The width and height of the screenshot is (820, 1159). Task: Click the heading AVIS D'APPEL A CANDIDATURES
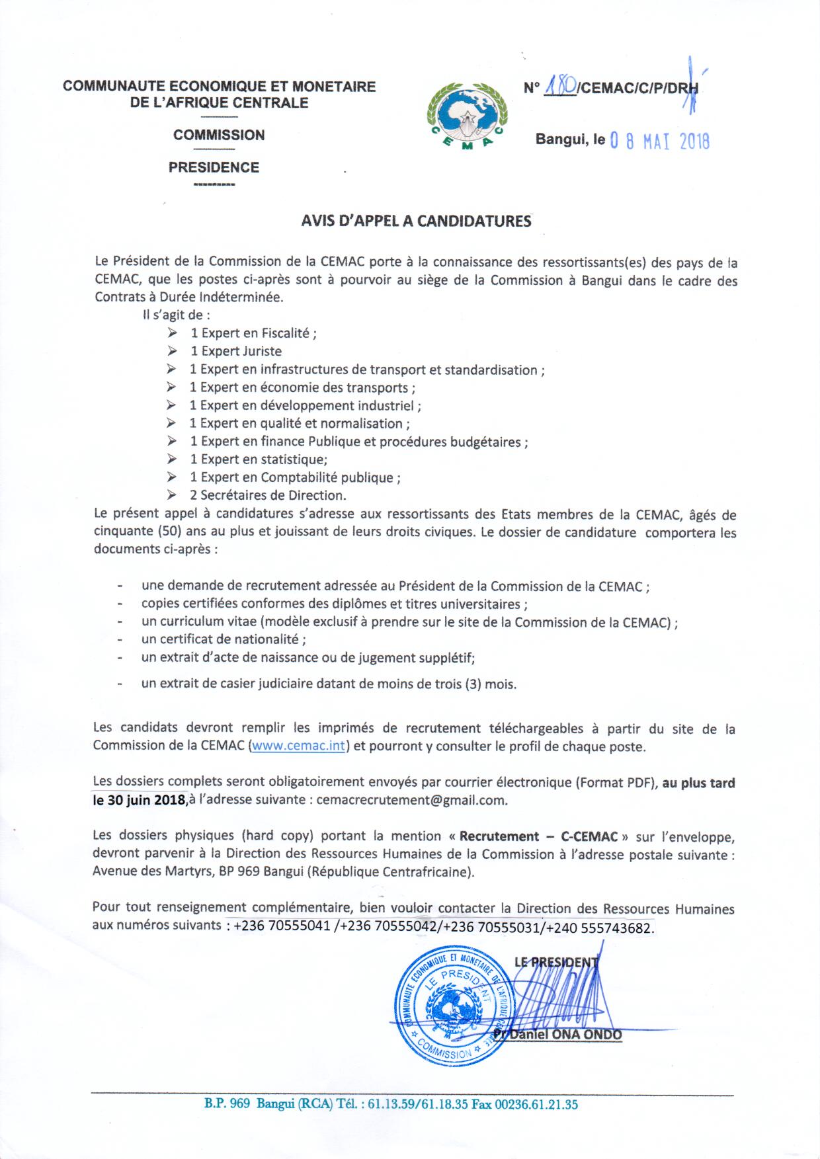416,221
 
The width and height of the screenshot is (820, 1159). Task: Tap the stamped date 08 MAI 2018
659,141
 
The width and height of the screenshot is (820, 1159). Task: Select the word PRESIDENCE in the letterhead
214,167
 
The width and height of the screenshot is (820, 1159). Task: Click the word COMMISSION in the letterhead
219,135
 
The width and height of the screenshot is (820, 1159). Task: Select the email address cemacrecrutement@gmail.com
412,800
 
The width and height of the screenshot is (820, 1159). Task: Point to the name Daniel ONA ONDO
563,1034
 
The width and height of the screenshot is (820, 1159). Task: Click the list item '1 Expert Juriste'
236,351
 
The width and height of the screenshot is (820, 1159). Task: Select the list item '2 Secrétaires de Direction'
268,495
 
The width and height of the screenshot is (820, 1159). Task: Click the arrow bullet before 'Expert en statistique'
172,459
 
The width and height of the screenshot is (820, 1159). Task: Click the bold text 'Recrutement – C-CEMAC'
538,836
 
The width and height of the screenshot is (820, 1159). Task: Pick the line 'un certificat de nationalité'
224,639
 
